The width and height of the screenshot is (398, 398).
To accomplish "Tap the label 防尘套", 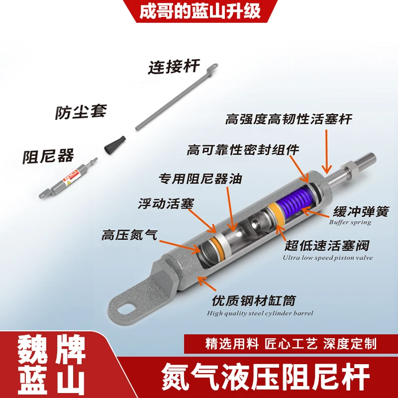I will tap(80, 111).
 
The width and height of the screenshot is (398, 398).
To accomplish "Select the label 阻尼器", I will tap(48, 156).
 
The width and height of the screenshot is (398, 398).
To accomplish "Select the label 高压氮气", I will tap(129, 235).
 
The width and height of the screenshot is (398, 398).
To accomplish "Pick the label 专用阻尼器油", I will tap(200, 178).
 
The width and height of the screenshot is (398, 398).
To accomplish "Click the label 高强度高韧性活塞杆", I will tap(289, 119).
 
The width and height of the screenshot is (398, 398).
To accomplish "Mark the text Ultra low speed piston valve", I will tap(327, 258).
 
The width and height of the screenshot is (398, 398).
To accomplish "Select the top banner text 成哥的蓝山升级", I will tap(199, 11).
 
